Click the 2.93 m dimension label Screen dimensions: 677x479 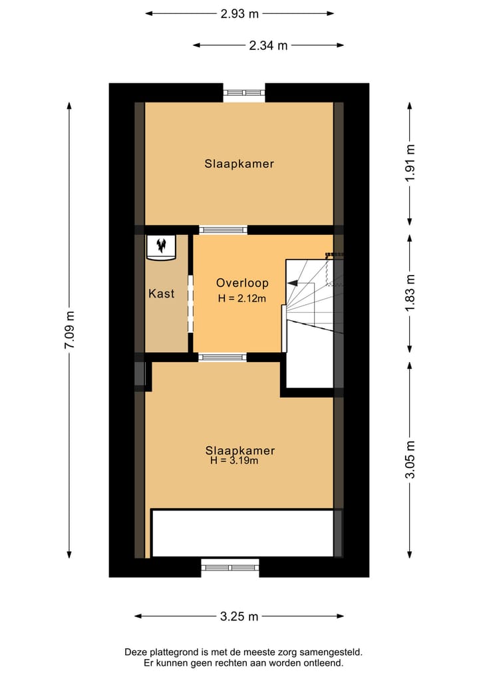pyautogui.click(x=239, y=13)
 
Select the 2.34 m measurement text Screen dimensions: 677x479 pyautogui.click(x=268, y=45)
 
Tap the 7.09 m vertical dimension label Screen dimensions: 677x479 pyautogui.click(x=69, y=330)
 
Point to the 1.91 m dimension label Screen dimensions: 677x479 pyautogui.click(x=410, y=163)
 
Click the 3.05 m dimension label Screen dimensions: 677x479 pyautogui.click(x=410, y=459)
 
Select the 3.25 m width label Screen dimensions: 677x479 pyautogui.click(x=239, y=616)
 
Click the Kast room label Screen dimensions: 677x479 pyautogui.click(x=161, y=294)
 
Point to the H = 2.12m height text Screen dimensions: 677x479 pyautogui.click(x=241, y=299)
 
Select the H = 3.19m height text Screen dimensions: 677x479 pyautogui.click(x=234, y=460)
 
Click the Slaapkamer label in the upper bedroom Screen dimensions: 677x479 pyautogui.click(x=239, y=164)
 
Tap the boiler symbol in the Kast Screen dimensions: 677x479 pyautogui.click(x=160, y=246)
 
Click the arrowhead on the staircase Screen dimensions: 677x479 pyautogui.click(x=293, y=283)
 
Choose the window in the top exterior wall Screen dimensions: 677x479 pyautogui.click(x=243, y=93)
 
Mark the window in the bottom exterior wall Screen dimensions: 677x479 pyautogui.click(x=230, y=567)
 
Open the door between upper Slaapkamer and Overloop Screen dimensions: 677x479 pyautogui.click(x=223, y=230)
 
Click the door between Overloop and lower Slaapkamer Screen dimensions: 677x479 pyautogui.click(x=223, y=357)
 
